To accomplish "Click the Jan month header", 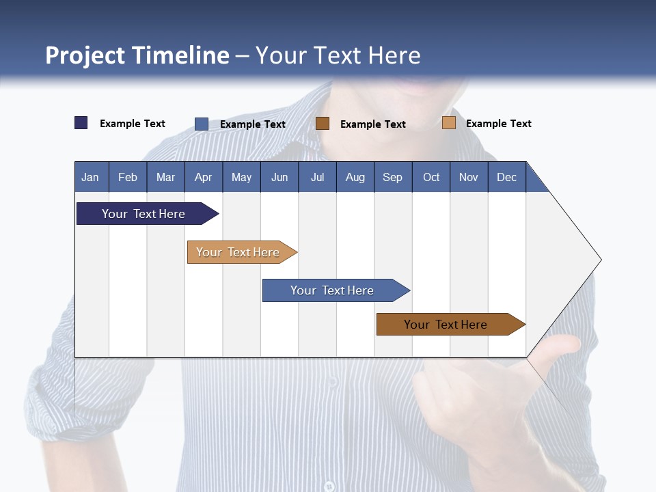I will (90, 177).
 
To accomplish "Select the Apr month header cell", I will (204, 177).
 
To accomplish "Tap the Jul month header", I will (317, 177).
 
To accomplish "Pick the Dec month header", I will (506, 177).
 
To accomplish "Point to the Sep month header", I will (392, 177).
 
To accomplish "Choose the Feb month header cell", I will (128, 177).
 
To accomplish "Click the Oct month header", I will (431, 177).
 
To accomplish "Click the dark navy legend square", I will (81, 123).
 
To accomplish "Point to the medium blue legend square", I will (202, 124).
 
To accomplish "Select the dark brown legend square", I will (323, 124).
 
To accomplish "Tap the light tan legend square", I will (448, 123).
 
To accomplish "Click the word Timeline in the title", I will (180, 55).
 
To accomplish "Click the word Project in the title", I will (85, 55).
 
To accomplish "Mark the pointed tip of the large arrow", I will (600, 260).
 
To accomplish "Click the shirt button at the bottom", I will (329, 487).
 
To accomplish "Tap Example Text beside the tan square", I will (498, 124).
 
